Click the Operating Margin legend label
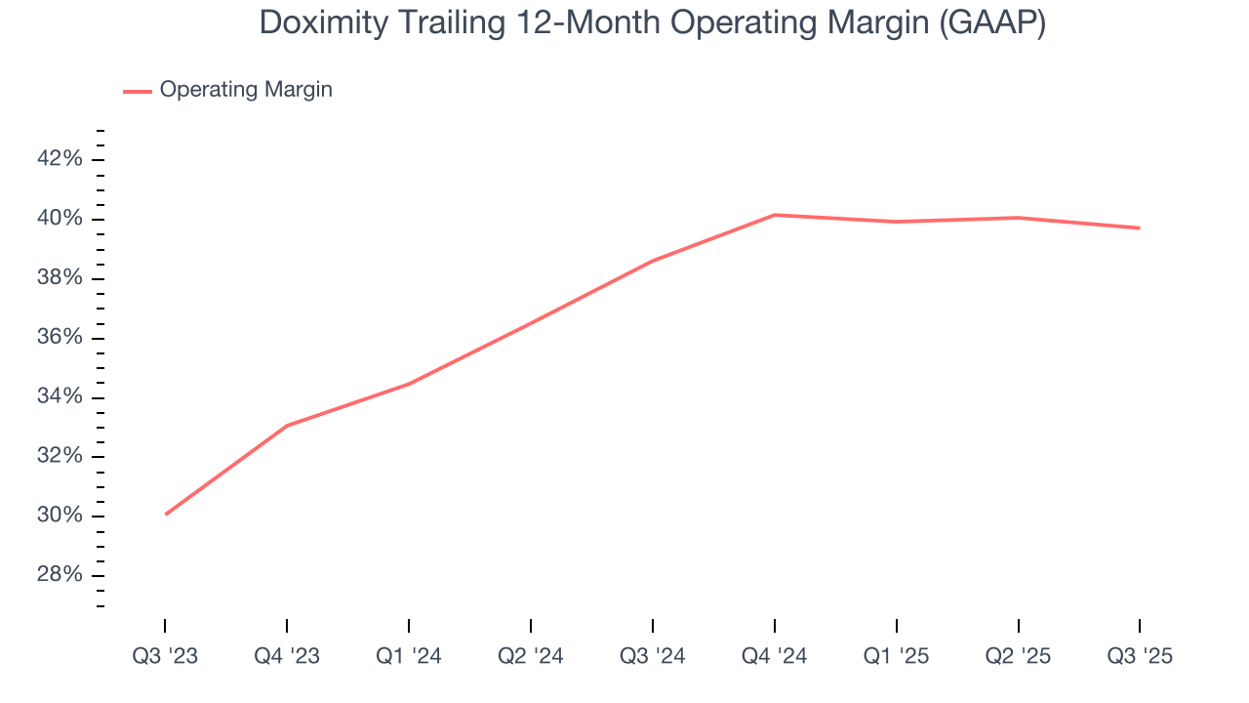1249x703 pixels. coord(246,90)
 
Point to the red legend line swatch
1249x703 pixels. coord(138,91)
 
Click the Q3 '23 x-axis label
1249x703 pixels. coord(165,657)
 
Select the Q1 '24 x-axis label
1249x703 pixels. coord(409,657)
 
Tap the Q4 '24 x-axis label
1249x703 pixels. coord(775,657)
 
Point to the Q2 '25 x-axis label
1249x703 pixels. coord(1019,657)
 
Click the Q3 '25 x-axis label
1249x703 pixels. coord(1140,657)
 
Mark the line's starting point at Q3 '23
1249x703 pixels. coord(165,514)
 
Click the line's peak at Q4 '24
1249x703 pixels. coord(775,215)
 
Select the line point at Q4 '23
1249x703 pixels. coord(287,426)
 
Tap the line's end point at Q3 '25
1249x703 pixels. coord(1140,228)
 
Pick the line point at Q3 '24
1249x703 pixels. coord(653,261)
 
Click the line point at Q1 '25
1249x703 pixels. coord(897,222)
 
